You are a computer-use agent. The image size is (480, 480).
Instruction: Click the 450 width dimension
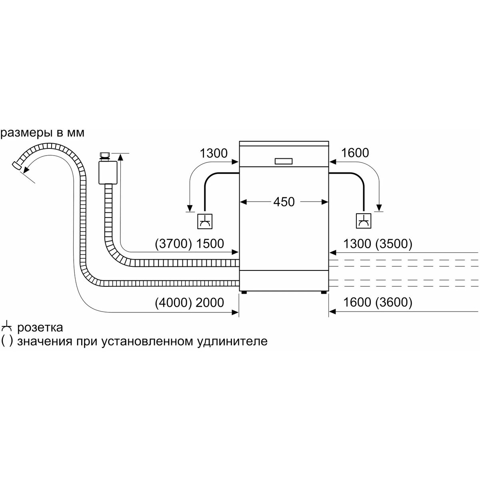(284, 202)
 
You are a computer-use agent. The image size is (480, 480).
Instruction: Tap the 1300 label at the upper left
(214, 153)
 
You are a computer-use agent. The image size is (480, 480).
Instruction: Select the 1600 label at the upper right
(355, 153)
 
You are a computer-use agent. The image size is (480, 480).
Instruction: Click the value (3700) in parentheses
(173, 244)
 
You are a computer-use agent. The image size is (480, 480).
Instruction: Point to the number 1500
(210, 244)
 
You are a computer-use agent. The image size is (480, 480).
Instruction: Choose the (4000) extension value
(173, 303)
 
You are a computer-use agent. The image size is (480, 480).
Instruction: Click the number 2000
(210, 303)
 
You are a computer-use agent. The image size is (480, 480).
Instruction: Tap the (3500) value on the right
(394, 244)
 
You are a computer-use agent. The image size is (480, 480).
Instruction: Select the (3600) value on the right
(394, 302)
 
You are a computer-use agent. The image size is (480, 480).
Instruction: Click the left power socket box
(205, 221)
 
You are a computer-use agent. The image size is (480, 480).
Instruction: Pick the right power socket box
(364, 221)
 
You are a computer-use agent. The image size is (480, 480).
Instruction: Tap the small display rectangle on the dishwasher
(284, 161)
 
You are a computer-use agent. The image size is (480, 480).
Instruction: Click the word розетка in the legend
(40, 328)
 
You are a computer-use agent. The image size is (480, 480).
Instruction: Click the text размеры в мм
(42, 134)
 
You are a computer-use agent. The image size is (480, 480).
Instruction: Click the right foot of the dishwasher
(324, 293)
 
